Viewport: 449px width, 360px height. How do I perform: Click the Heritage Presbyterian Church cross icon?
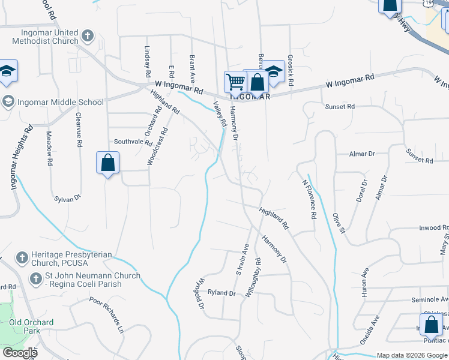tap(22, 258)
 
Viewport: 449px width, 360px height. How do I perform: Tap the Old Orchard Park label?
tap(31, 326)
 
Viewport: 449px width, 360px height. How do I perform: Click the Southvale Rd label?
tap(133, 142)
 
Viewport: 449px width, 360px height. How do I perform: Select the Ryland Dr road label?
tap(221, 293)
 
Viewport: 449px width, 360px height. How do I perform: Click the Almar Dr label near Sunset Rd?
tap(363, 154)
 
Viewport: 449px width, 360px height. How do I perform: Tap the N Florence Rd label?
tap(309, 199)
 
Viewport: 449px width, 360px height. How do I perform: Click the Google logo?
tap(20, 353)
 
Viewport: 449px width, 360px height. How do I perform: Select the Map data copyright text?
tap(412, 355)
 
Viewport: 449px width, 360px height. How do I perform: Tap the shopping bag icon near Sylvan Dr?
tap(107, 163)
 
